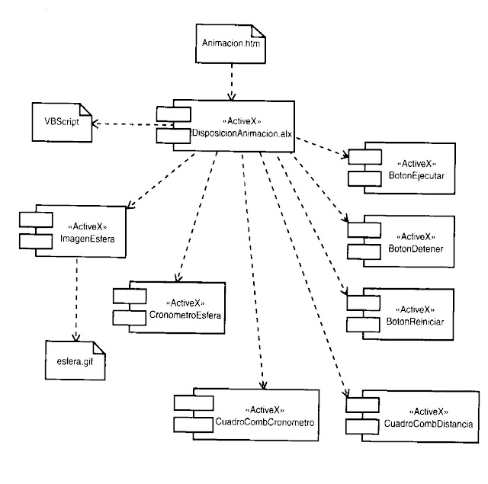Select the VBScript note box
click(x=61, y=122)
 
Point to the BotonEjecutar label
click(x=411, y=176)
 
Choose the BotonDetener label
click(x=411, y=248)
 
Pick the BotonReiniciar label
click(x=411, y=322)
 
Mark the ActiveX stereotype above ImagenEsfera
click(x=86, y=226)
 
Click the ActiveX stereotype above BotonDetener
click(x=411, y=236)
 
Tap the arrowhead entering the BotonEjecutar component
click(x=345, y=156)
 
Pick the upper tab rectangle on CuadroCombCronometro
click(x=187, y=402)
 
